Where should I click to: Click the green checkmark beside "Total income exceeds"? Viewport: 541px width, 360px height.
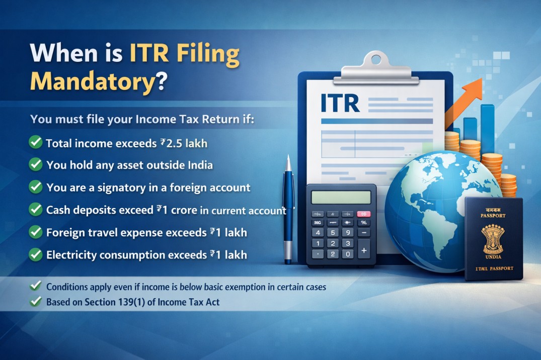coord(36,143)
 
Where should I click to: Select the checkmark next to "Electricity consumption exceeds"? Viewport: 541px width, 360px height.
coord(36,254)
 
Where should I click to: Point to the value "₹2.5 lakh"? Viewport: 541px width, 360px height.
coord(184,143)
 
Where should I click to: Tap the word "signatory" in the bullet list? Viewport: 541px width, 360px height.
coord(121,188)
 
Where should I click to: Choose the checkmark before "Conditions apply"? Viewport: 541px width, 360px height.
coord(36,286)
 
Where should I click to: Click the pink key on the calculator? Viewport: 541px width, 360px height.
coord(363,214)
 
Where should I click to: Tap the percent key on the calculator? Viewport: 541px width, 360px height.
coord(363,223)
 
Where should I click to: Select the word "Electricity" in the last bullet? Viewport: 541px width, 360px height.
coord(71,255)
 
